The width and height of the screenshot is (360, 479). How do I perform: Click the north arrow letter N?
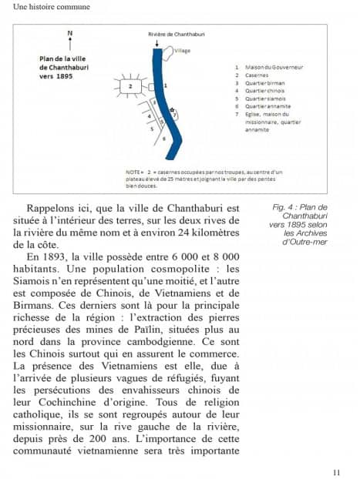click(70, 33)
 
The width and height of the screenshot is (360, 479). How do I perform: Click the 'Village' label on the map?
click(182, 51)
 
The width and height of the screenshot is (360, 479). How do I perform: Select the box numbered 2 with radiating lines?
click(131, 86)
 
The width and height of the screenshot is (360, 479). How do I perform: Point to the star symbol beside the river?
click(172, 109)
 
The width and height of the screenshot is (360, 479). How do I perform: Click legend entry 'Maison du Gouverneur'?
click(273, 68)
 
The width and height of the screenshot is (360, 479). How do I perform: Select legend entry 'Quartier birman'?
click(264, 83)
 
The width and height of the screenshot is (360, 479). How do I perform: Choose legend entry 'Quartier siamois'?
click(265, 99)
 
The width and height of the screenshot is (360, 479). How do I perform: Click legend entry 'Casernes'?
click(257, 75)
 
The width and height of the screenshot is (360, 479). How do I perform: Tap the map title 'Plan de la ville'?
click(63, 58)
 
